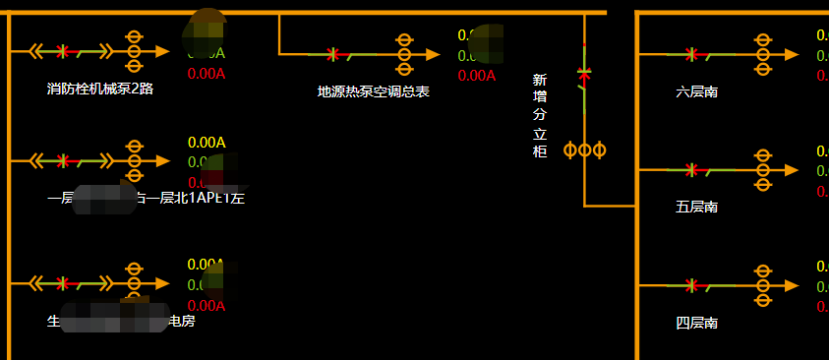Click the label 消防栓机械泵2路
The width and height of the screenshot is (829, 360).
(100, 89)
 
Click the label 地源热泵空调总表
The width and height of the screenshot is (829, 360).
(374, 91)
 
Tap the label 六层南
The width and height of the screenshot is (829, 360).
(697, 91)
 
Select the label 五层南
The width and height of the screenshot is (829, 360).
(697, 207)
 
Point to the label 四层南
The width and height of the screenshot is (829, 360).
(697, 322)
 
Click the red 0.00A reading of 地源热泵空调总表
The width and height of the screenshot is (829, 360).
(477, 76)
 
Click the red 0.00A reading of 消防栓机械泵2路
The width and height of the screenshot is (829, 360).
(207, 73)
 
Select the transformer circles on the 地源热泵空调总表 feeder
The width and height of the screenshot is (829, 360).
(403, 54)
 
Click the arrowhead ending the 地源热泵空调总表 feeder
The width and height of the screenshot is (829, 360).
(433, 54)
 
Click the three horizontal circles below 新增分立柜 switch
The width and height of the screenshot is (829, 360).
(584, 150)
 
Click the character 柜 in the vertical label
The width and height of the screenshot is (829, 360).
(539, 151)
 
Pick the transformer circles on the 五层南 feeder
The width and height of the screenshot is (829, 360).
(762, 170)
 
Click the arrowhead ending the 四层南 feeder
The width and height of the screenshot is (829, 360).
(792, 285)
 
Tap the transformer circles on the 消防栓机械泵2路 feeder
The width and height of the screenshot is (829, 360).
(135, 50)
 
